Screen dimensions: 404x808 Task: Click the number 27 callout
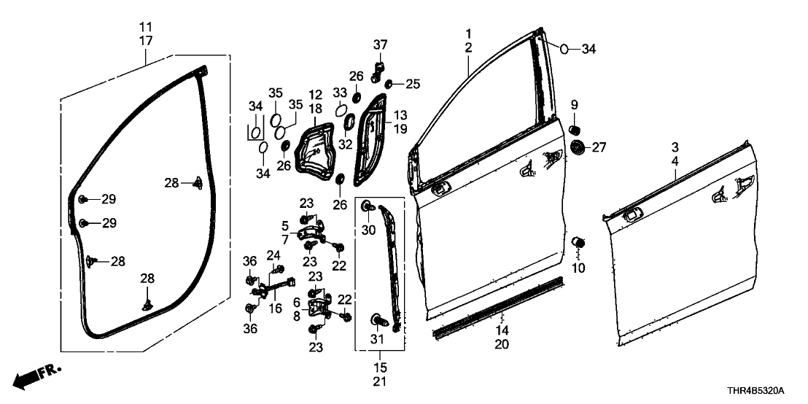[x=599, y=148]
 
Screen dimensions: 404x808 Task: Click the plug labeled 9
[x=573, y=129]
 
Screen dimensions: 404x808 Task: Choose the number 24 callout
[x=274, y=255]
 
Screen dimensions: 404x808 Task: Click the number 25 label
[x=413, y=84]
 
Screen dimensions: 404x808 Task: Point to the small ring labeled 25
[x=390, y=84]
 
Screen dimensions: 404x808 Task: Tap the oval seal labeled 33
[x=341, y=110]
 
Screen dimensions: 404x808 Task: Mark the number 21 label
[x=381, y=381]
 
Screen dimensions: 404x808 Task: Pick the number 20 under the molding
[x=502, y=343]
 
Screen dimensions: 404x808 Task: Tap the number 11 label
[x=146, y=27]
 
